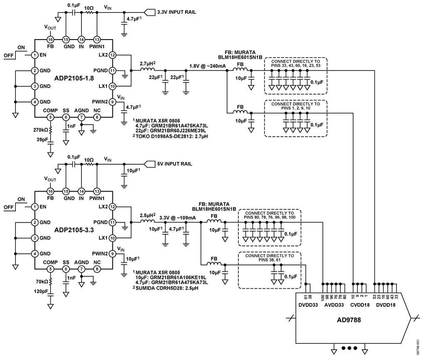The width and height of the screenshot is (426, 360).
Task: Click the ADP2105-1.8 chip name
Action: pos(74,78)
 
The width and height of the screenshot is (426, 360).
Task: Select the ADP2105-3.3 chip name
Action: pos(74,230)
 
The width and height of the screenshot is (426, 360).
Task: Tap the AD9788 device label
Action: pos(349,320)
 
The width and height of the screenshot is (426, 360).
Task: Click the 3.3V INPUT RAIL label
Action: pos(176,12)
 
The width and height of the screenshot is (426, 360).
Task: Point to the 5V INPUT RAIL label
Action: pos(175,164)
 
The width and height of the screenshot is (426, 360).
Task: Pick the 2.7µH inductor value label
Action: pos(148,64)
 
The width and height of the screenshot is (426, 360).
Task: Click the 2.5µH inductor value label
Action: pos(148,215)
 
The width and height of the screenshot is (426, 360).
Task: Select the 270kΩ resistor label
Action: pos(41,130)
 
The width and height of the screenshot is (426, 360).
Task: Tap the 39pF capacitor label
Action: pos(43,140)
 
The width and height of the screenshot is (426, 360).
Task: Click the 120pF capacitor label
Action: pos(41,291)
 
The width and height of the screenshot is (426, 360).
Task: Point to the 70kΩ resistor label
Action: pos(42,281)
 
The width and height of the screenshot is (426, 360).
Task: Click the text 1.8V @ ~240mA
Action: pos(208,66)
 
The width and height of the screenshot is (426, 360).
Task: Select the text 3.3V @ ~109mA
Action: pos(177,218)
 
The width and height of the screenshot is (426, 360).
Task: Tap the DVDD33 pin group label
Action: pos(308,305)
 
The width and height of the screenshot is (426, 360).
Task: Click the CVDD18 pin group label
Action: pos(360,305)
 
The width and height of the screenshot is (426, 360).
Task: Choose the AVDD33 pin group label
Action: pos(334,305)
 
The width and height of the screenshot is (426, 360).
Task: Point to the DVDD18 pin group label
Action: pos(386,305)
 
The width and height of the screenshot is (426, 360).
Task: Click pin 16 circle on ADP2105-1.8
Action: pos(50,40)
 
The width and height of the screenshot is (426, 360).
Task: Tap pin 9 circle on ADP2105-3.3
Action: pos(112,254)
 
